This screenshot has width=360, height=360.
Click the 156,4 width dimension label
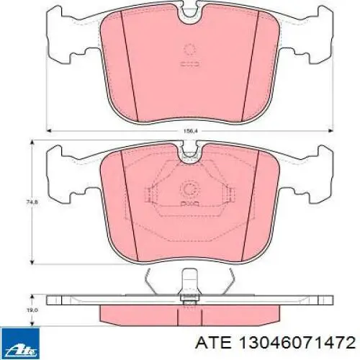[x=189, y=131]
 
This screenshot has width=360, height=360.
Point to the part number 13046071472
[x=297, y=342]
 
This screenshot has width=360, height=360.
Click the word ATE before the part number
[x=214, y=342]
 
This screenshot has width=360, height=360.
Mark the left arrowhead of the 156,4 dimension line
[x=49, y=131]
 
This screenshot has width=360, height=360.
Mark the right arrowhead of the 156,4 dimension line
[x=330, y=131]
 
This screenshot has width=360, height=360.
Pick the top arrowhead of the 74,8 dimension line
[x=32, y=143]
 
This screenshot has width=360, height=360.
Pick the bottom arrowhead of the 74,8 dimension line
[x=32, y=261]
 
